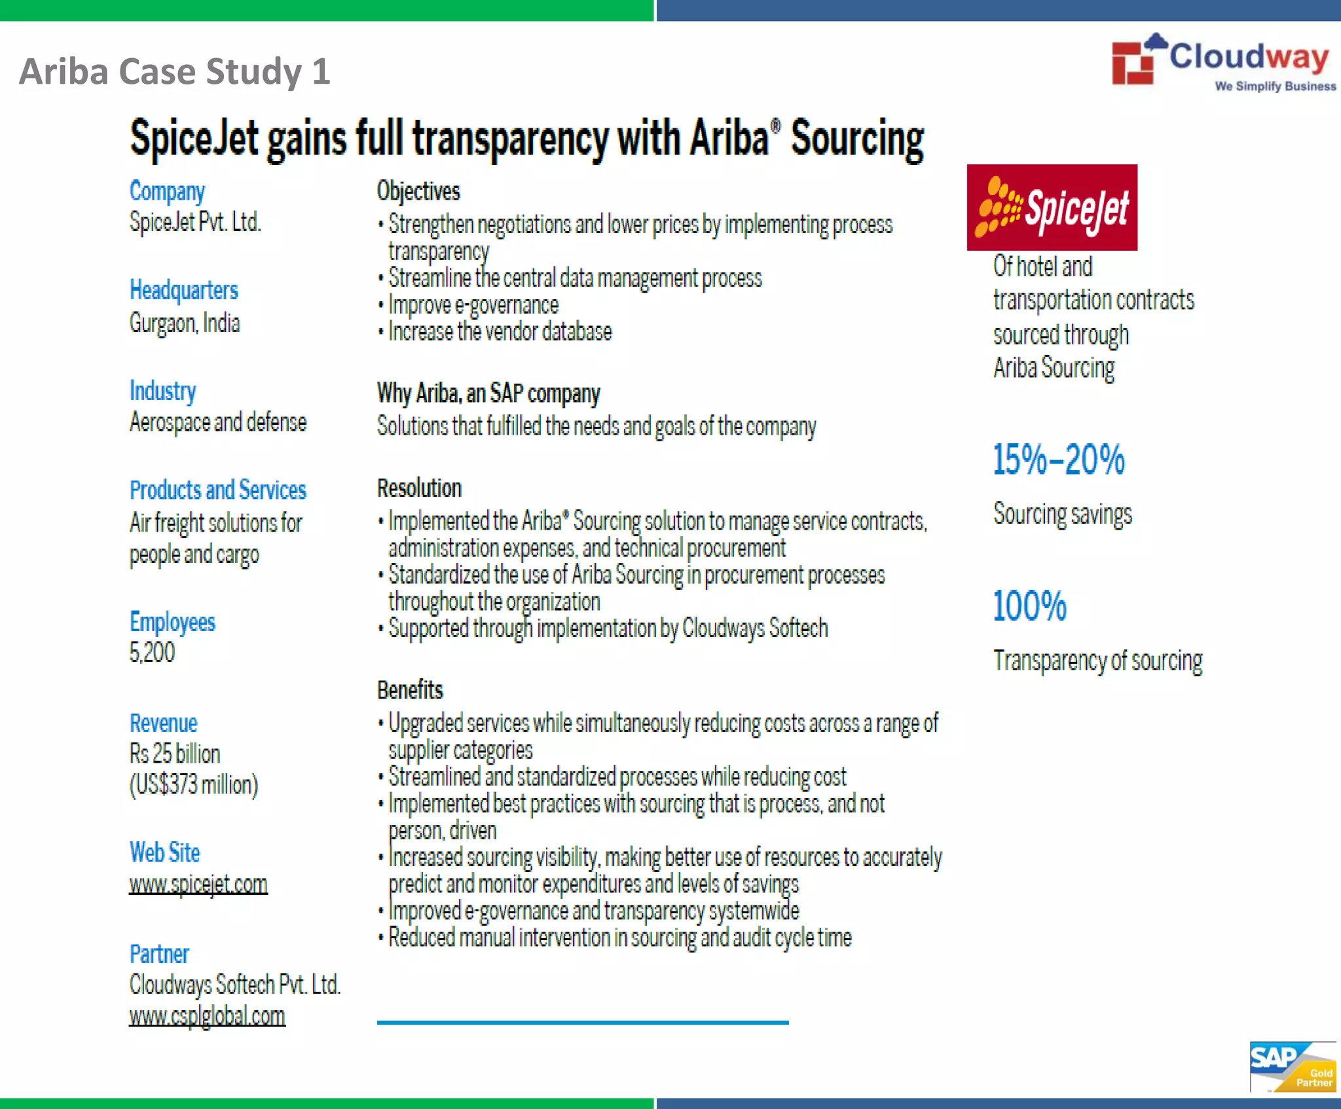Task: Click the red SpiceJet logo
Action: tap(1052, 208)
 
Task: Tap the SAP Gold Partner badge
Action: tap(1292, 1066)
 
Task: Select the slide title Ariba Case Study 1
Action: tap(175, 71)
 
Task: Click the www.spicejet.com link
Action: tap(198, 884)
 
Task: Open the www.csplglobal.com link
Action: tap(207, 1016)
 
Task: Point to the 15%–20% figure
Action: tap(1058, 460)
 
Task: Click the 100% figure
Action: tap(1029, 606)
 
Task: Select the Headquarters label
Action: tap(183, 290)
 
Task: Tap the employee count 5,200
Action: tap(152, 653)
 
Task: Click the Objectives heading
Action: tap(418, 191)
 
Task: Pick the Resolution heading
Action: tap(419, 488)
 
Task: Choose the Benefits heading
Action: tap(410, 690)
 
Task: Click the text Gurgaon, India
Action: tap(185, 323)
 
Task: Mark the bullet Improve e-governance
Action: tap(473, 305)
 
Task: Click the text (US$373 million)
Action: tap(194, 784)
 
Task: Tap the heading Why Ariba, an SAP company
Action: tap(488, 393)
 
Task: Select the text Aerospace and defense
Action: tap(218, 422)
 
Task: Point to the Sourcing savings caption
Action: tap(1062, 515)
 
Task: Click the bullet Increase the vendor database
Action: tap(500, 332)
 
